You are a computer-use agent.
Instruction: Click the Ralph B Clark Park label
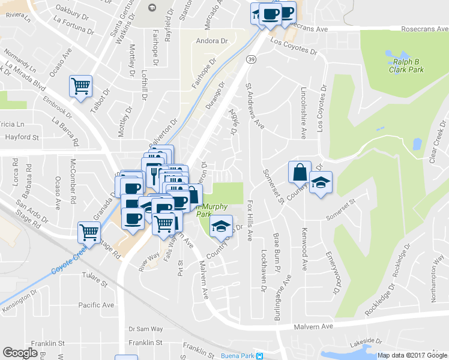point(408,65)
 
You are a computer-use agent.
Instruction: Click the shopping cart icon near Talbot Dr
point(80,85)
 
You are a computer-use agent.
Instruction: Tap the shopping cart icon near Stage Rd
point(89,231)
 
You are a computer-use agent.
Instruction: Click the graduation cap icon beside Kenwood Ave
point(321,182)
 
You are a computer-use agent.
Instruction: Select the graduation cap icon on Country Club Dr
point(221,226)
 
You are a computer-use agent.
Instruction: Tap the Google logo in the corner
point(20,353)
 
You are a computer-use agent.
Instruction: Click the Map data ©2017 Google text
point(412,355)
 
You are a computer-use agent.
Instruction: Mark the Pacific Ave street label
point(96,305)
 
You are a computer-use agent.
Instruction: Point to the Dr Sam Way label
point(146,329)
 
